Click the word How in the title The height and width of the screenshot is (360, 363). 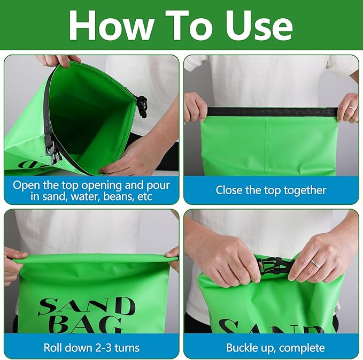coord(112,26)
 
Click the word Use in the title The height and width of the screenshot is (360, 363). coord(259,26)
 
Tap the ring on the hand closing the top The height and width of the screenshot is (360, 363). coord(352,109)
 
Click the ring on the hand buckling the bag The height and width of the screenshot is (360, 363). coord(315,264)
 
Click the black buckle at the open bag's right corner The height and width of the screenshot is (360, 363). coord(142,106)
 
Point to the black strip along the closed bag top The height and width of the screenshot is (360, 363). coord(272,112)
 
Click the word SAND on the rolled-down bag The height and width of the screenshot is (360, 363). coord(87,307)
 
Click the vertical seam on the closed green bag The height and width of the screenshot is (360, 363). coord(268,146)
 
